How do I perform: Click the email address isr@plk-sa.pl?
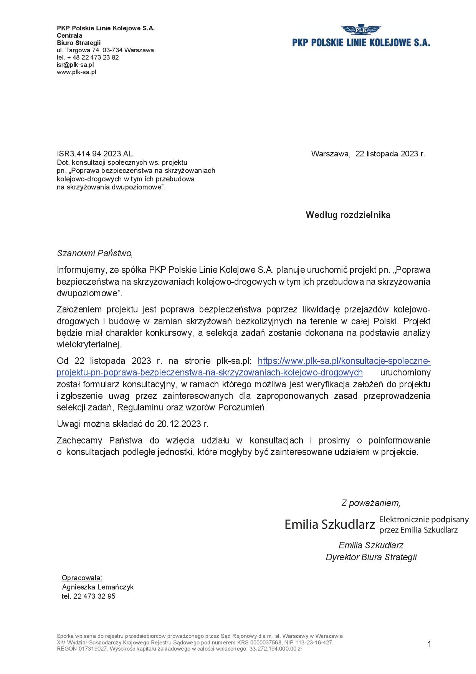click(75, 65)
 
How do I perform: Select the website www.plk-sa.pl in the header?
click(76, 72)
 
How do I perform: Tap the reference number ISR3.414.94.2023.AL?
click(95, 154)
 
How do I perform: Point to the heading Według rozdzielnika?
click(348, 215)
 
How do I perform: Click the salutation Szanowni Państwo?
click(94, 253)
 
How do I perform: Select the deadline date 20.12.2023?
click(179, 424)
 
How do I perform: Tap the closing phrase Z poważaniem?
click(370, 503)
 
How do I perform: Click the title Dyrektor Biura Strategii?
click(371, 557)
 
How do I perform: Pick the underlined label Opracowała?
click(82, 578)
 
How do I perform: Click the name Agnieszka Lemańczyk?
click(98, 587)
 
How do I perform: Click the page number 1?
click(429, 644)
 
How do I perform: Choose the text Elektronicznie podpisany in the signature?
click(424, 520)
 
